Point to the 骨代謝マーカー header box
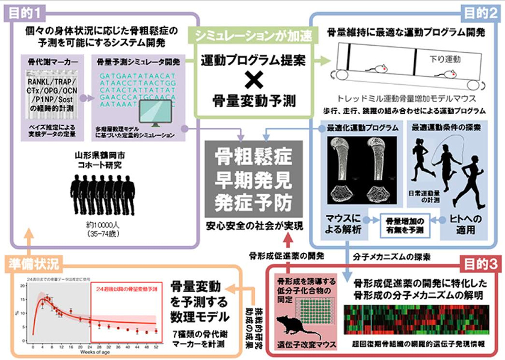pos(49,61)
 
